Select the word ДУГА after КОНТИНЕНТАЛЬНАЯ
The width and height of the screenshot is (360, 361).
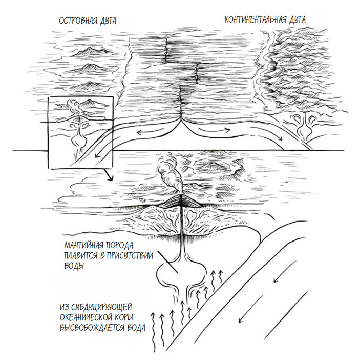coord(295,19)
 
